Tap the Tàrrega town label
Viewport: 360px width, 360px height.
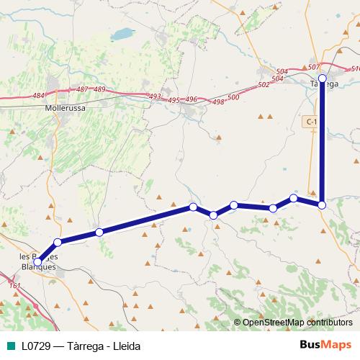[323, 84]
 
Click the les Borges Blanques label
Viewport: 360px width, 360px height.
[37, 261]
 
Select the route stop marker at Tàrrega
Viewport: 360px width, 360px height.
[323, 78]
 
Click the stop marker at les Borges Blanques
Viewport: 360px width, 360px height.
[37, 262]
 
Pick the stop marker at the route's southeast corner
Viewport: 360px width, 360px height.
[322, 205]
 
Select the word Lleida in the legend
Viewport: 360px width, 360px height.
[125, 346]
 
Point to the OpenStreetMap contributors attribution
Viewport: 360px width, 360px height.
[297, 323]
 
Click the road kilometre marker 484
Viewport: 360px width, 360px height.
[39, 95]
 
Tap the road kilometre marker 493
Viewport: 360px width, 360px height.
[155, 96]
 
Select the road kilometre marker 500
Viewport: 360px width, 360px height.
[233, 97]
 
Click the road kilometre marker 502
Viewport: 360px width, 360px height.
[264, 84]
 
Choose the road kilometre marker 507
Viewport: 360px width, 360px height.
[312, 67]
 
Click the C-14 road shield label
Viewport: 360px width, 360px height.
[311, 122]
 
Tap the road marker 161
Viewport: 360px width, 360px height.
[15, 287]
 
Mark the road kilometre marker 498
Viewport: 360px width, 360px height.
[218, 102]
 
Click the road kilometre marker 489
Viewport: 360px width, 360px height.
[99, 89]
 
